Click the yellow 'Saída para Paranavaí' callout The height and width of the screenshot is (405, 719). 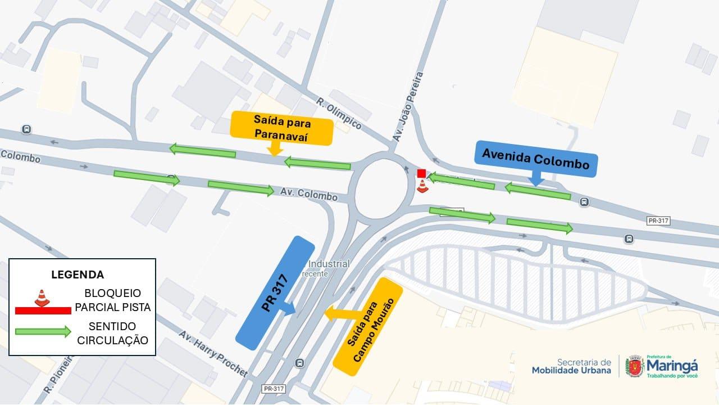click(x=281, y=128)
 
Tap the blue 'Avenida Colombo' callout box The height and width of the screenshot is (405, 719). click(x=535, y=160)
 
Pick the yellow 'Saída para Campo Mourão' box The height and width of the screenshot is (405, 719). click(x=368, y=326)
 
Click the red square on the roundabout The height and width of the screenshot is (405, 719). click(x=421, y=173)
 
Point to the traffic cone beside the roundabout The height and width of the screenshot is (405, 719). click(x=422, y=186)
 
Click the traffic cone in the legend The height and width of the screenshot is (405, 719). click(x=42, y=298)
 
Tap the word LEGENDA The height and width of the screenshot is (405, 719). click(x=78, y=275)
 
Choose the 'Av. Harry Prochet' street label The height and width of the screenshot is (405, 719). click(x=213, y=353)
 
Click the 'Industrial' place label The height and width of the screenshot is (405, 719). click(x=329, y=264)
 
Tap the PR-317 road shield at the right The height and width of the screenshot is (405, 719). click(x=658, y=221)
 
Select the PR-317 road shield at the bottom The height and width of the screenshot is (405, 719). click(x=274, y=389)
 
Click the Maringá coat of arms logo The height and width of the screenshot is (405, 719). click(x=635, y=366)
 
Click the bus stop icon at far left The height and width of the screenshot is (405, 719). click(x=26, y=129)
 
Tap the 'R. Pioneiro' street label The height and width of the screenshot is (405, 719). click(x=60, y=374)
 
